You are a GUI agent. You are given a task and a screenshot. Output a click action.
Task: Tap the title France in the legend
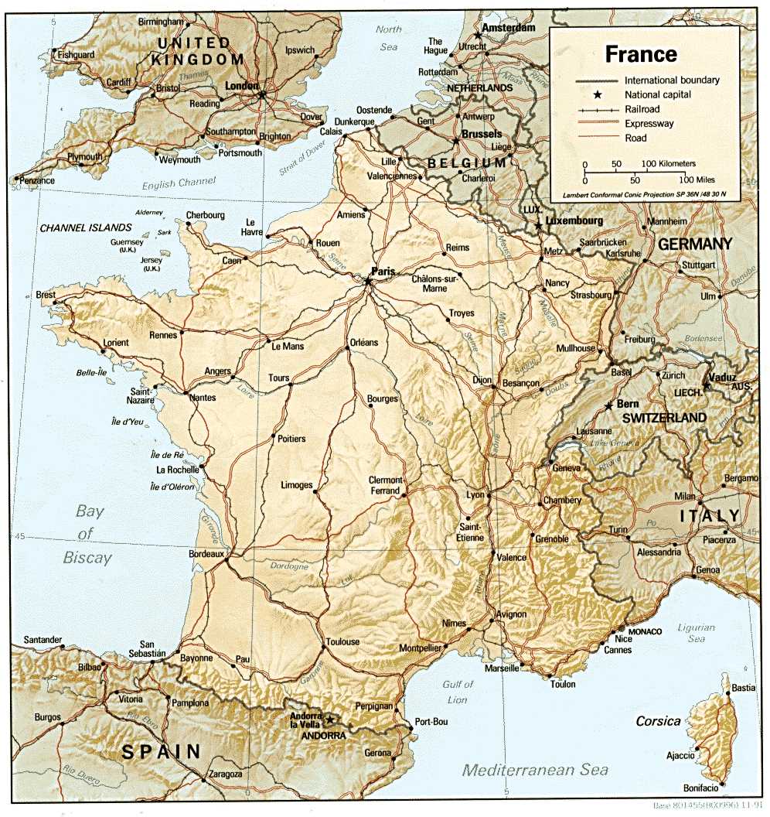(641, 54)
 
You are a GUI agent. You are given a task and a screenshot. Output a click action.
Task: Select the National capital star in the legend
(598, 94)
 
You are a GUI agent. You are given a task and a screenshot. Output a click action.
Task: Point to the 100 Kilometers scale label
(669, 164)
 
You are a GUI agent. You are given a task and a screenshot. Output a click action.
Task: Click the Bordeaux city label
(206, 554)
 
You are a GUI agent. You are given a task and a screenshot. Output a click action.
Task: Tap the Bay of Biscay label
(88, 534)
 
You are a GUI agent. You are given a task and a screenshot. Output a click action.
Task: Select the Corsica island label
(658, 721)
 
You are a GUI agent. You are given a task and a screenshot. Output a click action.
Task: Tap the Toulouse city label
(342, 641)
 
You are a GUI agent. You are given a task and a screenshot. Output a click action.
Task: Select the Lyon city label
(475, 494)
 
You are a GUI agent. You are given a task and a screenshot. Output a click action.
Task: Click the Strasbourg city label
(590, 296)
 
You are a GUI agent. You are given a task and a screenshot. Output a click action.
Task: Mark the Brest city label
(46, 295)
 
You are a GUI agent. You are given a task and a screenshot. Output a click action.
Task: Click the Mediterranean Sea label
(535, 770)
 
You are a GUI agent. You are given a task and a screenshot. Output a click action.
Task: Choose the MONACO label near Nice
(645, 631)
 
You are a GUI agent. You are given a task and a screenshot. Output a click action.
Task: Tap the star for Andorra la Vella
(331, 720)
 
